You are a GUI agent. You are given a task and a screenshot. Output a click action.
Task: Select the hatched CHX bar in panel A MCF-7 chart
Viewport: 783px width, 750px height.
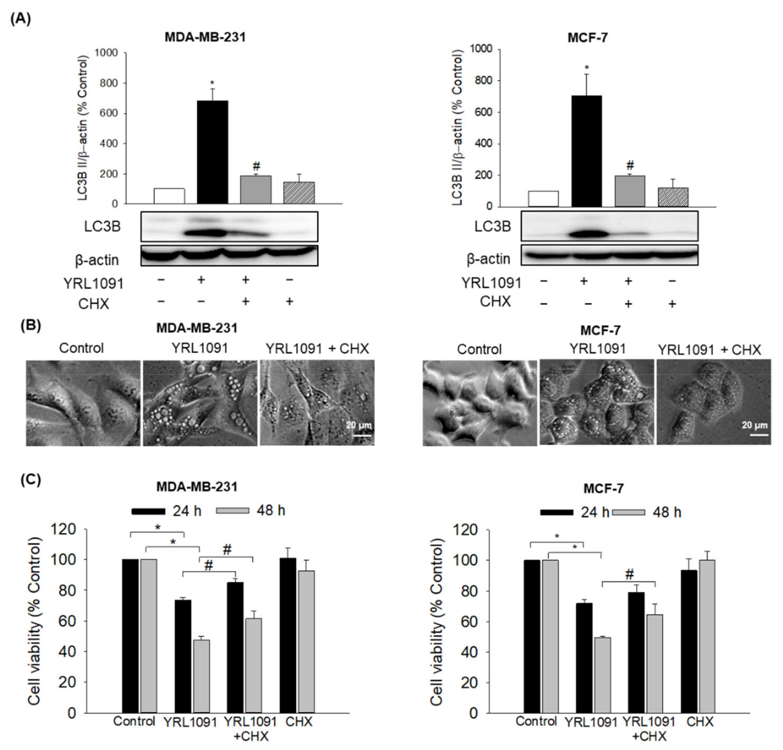click(x=673, y=197)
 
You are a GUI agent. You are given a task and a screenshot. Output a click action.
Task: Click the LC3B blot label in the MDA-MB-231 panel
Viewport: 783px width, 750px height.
click(x=102, y=227)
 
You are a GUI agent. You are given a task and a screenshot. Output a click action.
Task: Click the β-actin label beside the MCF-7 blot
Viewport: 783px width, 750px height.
click(x=488, y=259)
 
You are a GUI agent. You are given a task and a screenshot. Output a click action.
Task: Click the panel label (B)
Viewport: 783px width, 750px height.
click(x=31, y=325)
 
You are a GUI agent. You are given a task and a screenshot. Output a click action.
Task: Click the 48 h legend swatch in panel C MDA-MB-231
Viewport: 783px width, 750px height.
click(x=232, y=510)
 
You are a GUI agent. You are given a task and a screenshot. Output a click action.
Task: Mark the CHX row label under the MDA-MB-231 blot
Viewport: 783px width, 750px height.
click(x=93, y=304)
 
